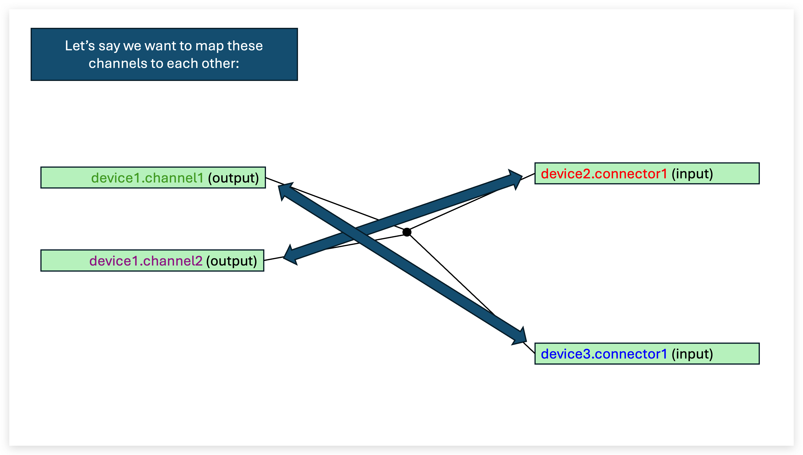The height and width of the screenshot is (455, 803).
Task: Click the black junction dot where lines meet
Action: coord(407,232)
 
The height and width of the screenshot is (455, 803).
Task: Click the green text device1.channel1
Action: coord(147,178)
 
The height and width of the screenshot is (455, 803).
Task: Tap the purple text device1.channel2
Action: coord(146,261)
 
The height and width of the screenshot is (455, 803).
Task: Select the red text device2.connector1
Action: coord(604,174)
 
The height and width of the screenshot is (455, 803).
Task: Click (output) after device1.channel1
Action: coord(233,178)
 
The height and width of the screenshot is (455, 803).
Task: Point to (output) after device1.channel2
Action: coord(231,261)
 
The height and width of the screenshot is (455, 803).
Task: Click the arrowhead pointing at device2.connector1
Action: coord(514,178)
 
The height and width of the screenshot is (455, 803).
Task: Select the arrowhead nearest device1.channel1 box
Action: coord(285,190)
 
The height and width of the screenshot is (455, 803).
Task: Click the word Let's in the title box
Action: coord(80,46)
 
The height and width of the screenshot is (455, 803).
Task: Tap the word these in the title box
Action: coord(245,46)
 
